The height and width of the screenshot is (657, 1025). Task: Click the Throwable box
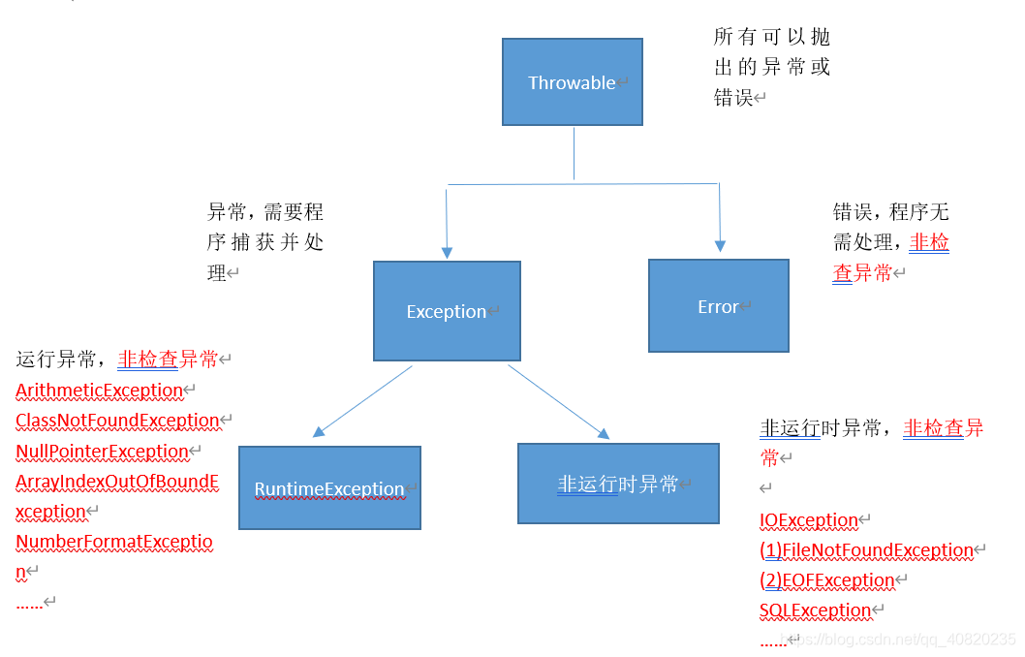coord(572,82)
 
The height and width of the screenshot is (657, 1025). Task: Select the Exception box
coord(447,311)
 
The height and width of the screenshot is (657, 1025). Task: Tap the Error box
coord(718,306)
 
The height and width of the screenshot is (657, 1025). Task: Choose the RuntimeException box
coord(329,488)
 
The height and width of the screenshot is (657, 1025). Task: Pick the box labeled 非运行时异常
coord(618,485)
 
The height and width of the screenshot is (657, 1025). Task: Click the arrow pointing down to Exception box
coord(447,223)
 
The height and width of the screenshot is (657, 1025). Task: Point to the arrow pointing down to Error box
coord(719,218)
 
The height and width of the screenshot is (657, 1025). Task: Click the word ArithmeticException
coord(100,391)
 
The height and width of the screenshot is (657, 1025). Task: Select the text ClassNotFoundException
coord(117,421)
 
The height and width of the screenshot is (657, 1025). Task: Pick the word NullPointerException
coord(102,452)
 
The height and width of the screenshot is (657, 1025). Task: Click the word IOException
coord(809,520)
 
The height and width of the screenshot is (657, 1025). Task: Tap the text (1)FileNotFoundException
coord(866,550)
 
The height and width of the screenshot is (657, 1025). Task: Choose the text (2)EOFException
coord(826,580)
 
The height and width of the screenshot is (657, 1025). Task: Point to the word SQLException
coord(815,610)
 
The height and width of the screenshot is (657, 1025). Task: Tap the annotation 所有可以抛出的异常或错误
coord(771,67)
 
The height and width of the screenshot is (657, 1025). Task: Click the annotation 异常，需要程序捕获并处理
coord(264,242)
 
